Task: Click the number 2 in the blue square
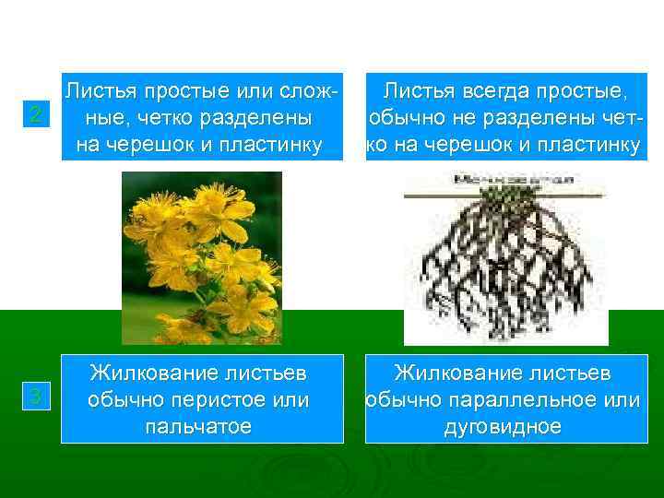pyautogui.click(x=34, y=115)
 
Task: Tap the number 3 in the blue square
pyautogui.click(x=34, y=397)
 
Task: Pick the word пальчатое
pyautogui.click(x=197, y=427)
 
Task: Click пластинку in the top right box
pyautogui.click(x=590, y=145)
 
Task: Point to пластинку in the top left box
pyautogui.click(x=274, y=145)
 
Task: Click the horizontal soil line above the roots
pyautogui.click(x=505, y=196)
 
